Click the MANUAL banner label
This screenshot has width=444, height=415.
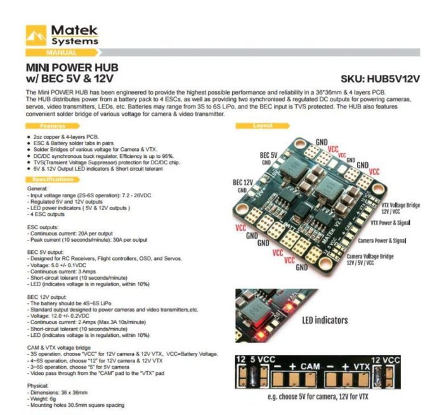click(x=62, y=52)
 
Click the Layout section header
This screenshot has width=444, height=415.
click(x=263, y=126)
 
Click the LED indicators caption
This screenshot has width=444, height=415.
click(x=325, y=320)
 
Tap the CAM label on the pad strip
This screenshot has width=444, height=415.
click(x=310, y=366)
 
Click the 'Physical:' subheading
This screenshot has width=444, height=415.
click(x=39, y=386)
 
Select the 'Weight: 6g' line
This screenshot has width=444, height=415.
click(x=46, y=399)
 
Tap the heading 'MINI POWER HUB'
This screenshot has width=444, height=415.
click(x=72, y=67)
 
